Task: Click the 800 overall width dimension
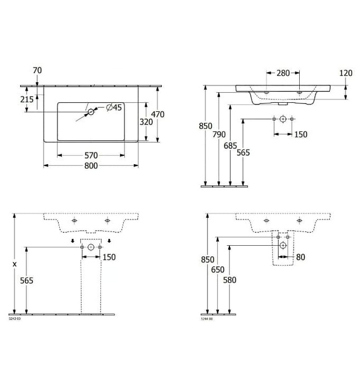[91, 166]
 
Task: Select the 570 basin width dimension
[91, 155]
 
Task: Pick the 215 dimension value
[26, 99]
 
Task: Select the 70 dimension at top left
[37, 70]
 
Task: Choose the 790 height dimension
[219, 134]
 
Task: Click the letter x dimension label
[15, 263]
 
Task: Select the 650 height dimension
[219, 269]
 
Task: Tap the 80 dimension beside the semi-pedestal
[301, 257]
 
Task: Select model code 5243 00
[15, 318]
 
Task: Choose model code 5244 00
[207, 318]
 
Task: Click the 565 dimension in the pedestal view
[26, 280]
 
